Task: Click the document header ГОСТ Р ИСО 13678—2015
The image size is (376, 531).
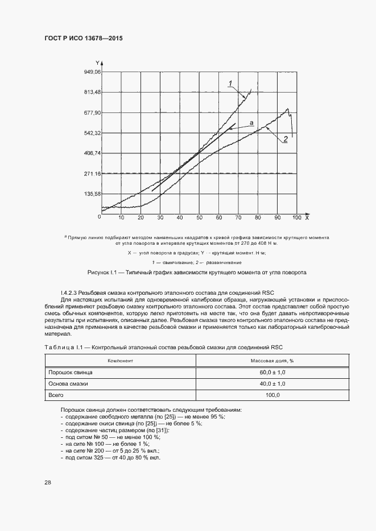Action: [x=83, y=38]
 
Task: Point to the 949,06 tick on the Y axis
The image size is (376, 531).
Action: [x=92, y=72]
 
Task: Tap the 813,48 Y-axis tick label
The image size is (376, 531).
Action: [x=92, y=92]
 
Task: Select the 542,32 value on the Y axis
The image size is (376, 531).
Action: [x=92, y=133]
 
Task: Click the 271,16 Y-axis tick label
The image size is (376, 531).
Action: [x=92, y=174]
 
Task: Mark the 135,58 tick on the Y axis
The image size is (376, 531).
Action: [x=92, y=194]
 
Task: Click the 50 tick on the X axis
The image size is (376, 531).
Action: [x=199, y=218]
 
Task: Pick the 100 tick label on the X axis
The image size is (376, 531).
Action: [x=296, y=218]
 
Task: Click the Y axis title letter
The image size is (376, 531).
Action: [x=98, y=62]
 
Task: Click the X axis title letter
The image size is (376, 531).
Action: [x=307, y=218]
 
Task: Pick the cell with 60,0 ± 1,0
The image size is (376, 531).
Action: [x=272, y=372]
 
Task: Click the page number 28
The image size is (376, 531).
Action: [x=48, y=482]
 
